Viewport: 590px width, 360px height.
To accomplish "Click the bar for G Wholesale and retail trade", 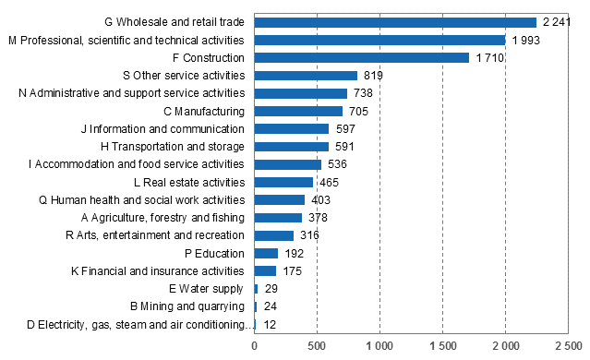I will click(395, 22).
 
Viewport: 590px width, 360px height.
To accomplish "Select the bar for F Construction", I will click(362, 57).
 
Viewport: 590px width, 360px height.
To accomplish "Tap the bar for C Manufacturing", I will click(298, 111).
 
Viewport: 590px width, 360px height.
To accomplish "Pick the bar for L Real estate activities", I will click(283, 182).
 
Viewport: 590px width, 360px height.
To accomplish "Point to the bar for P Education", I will click(266, 253).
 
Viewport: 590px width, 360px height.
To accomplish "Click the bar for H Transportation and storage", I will click(291, 146).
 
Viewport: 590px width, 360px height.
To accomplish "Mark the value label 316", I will click(310, 235).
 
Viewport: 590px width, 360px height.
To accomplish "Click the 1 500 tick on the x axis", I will click(442, 347).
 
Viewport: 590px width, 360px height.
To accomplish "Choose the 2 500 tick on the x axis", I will click(568, 347).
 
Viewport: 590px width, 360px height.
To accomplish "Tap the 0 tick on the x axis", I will click(255, 347).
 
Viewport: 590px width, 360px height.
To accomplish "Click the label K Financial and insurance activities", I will click(158, 270).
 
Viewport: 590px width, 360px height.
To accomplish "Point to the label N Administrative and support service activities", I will click(132, 93).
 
